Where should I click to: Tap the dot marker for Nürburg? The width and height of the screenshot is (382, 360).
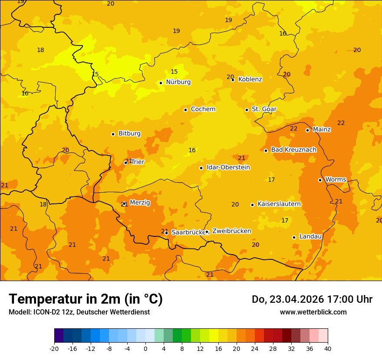coord(161,83)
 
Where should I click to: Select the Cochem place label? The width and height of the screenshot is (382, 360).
coord(203,109)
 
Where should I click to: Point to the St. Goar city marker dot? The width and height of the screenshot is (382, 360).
coord(247,110)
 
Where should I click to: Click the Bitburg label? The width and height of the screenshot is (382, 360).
coord(129,134)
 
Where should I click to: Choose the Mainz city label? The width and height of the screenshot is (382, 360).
coord(322,130)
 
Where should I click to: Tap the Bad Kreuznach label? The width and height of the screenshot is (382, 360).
coord(293,150)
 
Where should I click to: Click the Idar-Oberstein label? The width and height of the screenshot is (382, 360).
coord(228,167)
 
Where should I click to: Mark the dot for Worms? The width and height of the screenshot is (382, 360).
coord(320,180)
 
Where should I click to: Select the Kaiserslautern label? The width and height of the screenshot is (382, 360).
coord(279,204)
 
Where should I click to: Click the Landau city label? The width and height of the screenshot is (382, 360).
coord(310,237)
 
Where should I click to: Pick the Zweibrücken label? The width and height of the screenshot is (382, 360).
coord(231,231)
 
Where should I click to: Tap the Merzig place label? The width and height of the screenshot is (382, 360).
coord(140,203)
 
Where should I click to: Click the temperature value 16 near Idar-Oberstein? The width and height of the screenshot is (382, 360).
coord(192,151)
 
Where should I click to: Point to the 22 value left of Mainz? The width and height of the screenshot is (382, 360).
coord(294,128)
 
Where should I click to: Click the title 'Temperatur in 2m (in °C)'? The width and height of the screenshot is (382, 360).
coord(86,299)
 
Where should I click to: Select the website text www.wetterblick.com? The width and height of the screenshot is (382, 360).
coord(313,312)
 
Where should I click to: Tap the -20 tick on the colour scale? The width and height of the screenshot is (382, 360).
coord(54,348)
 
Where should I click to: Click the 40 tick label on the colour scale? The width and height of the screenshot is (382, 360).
coord(328,348)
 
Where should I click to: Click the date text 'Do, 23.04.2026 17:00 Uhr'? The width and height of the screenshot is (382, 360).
coord(312,299)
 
